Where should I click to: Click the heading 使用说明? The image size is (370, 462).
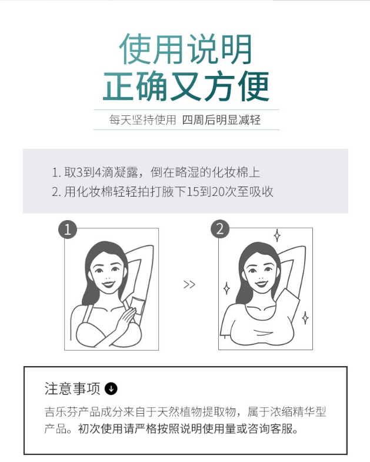185,49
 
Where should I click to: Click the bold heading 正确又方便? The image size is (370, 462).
186,86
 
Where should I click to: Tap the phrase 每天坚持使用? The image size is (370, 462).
142,120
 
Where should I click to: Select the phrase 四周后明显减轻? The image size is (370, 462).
221,120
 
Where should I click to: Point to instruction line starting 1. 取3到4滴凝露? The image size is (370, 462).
156,172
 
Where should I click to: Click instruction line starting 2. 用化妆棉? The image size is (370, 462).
162,192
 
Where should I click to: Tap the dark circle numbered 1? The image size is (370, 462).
68,229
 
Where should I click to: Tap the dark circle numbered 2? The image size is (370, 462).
220,229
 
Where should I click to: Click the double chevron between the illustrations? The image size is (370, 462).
189,285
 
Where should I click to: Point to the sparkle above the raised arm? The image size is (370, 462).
277,235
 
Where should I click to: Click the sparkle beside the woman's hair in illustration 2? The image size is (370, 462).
226,288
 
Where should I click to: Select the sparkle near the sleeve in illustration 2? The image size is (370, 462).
305,318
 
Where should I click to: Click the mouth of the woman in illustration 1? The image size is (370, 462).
108,284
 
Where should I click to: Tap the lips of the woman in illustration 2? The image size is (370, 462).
261,284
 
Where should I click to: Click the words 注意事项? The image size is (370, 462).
72,388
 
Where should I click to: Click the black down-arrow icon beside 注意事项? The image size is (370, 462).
111,388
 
